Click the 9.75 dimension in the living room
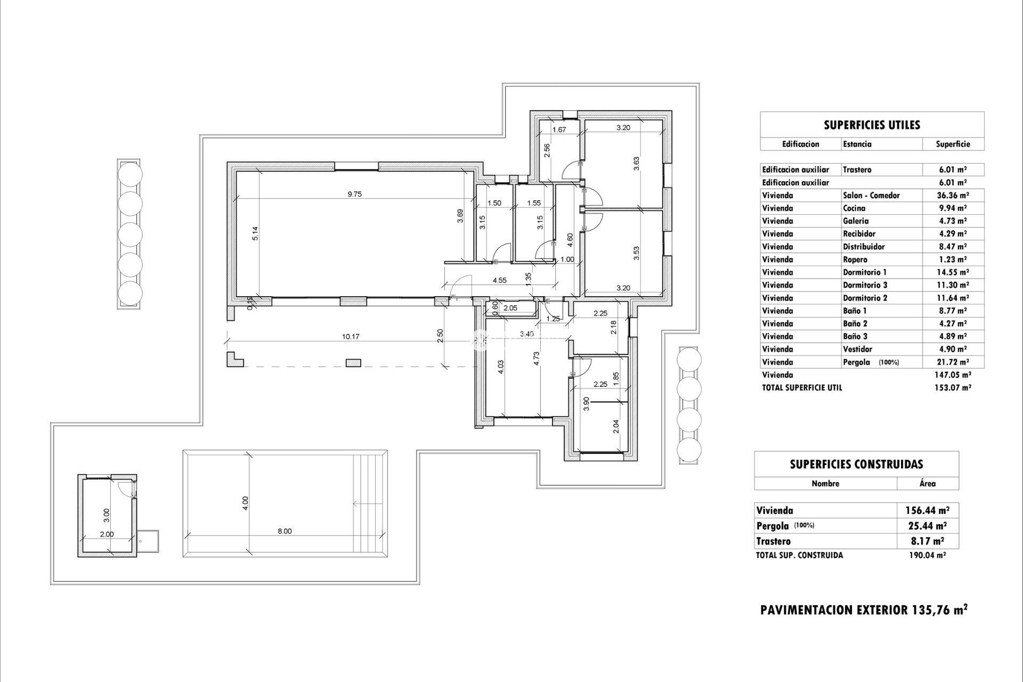click(x=354, y=194)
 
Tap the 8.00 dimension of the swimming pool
click(x=285, y=531)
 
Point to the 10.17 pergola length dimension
click(x=350, y=336)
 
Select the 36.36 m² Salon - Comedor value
click(x=952, y=196)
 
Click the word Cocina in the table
click(x=854, y=208)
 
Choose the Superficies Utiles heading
click(x=872, y=125)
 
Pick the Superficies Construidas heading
click(x=856, y=464)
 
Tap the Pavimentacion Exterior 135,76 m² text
click(x=864, y=610)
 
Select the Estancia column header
click(x=857, y=144)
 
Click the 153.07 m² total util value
click(x=952, y=388)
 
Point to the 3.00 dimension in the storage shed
click(x=107, y=515)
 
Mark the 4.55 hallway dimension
click(x=499, y=280)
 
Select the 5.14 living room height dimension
click(x=255, y=234)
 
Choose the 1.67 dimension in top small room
click(x=558, y=129)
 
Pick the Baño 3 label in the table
click(x=855, y=336)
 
